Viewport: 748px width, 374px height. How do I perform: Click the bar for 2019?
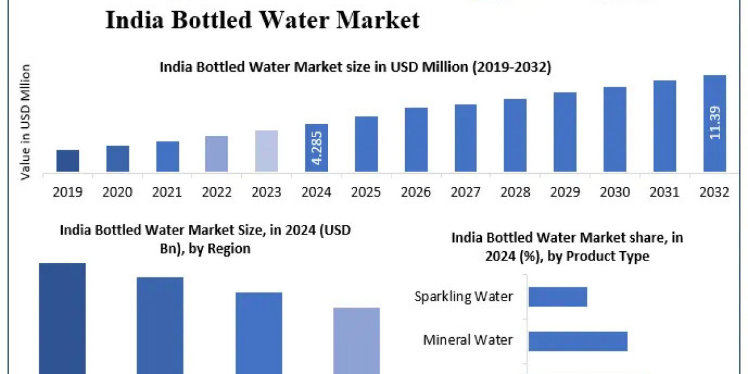(x=68, y=161)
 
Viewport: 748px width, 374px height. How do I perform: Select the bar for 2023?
(x=267, y=151)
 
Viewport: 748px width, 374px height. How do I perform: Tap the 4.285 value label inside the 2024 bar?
(x=317, y=151)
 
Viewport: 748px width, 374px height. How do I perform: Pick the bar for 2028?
(x=515, y=135)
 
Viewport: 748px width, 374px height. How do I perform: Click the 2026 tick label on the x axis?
(x=416, y=192)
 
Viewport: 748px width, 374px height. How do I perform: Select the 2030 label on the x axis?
(x=615, y=192)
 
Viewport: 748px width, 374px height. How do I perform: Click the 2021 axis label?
(x=167, y=192)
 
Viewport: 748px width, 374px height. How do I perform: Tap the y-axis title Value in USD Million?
(x=26, y=122)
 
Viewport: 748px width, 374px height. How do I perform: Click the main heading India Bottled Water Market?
(x=262, y=20)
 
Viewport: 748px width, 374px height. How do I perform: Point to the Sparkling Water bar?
(x=558, y=297)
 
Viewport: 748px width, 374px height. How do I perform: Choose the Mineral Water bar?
(x=578, y=341)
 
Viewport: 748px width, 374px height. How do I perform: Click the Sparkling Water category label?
(x=464, y=296)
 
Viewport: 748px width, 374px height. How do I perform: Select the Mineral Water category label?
(x=468, y=340)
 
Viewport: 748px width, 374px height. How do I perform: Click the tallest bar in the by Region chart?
(x=62, y=318)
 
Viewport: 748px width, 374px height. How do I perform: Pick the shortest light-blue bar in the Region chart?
(x=357, y=340)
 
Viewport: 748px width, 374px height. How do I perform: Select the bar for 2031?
(x=665, y=126)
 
